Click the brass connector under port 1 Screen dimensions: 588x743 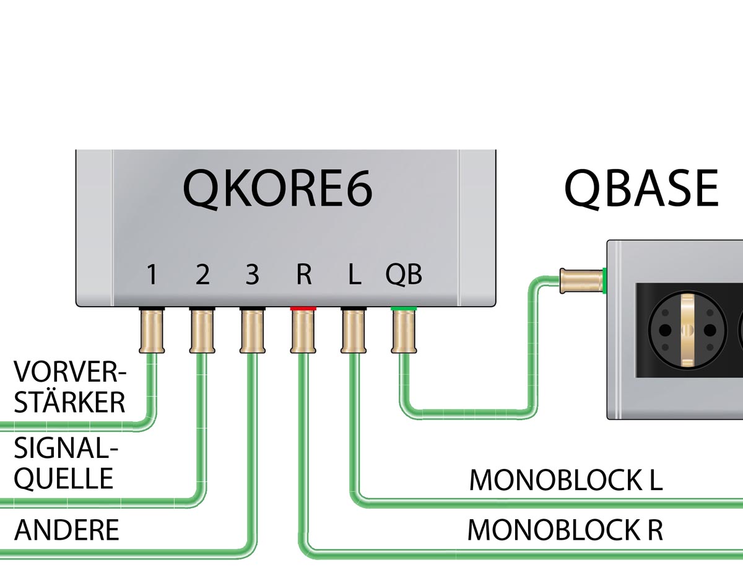[x=152, y=331]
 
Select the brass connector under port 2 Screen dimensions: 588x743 [x=202, y=331]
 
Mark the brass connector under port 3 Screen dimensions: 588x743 [x=253, y=331]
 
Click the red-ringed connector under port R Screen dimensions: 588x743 [x=303, y=331]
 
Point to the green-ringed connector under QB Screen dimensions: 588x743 [x=404, y=331]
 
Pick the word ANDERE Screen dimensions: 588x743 [x=66, y=530]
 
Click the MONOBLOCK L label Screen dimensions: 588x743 [x=566, y=481]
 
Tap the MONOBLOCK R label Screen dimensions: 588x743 [x=565, y=531]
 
